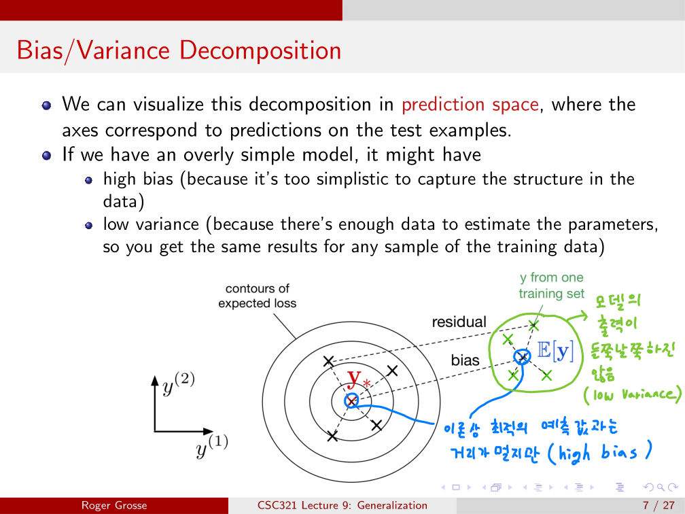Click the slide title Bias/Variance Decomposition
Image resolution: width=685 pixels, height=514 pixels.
(179, 50)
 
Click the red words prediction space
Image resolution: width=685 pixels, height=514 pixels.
(470, 105)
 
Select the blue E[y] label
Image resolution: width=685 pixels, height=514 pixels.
(555, 350)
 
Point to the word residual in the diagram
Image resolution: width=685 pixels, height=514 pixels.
(459, 322)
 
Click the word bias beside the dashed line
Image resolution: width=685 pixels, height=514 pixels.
(465, 360)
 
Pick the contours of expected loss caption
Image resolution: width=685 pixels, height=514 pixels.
(258, 296)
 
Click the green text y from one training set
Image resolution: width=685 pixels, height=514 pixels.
(551, 286)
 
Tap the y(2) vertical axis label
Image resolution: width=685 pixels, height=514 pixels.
(179, 383)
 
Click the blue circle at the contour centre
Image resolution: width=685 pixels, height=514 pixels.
(351, 400)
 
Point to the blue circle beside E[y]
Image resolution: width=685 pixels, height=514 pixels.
(522, 357)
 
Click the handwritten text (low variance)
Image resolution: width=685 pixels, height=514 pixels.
(633, 394)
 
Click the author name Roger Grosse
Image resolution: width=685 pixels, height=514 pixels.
(114, 506)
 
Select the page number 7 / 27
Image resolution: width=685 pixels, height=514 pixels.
(658, 506)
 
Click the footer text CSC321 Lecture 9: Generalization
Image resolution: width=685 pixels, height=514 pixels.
(342, 506)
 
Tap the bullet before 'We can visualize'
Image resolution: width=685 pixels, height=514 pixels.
(47, 105)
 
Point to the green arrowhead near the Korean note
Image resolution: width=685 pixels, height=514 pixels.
(583, 315)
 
